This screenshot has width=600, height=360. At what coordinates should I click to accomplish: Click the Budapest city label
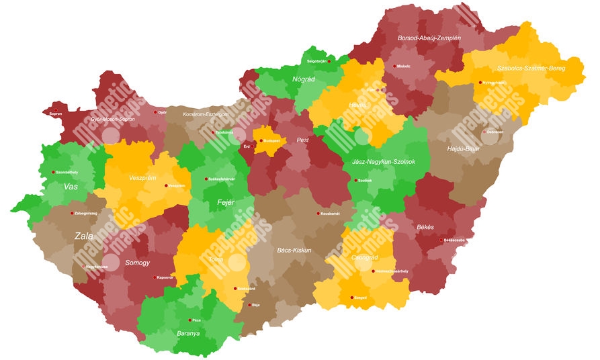pyautogui.click(x=272, y=141)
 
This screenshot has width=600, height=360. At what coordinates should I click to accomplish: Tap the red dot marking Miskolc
pyautogui.click(x=394, y=66)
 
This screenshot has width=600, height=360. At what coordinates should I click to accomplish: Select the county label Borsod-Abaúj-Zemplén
pyautogui.click(x=429, y=38)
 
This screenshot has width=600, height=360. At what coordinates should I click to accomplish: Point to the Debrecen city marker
pyautogui.click(x=484, y=132)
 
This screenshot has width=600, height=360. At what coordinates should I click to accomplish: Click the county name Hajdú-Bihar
pyautogui.click(x=463, y=148)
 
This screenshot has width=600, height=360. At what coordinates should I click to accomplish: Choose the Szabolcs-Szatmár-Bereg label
pyautogui.click(x=531, y=69)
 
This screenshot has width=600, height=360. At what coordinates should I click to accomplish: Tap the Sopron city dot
pyautogui.click(x=56, y=110)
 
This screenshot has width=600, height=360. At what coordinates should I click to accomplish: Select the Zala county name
pyautogui.click(x=84, y=236)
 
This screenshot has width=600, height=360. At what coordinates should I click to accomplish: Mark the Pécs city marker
pyautogui.click(x=190, y=320)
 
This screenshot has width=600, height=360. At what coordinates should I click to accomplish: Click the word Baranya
pyautogui.click(x=188, y=333)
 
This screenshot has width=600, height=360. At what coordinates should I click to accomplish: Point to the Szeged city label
pyautogui.click(x=360, y=298)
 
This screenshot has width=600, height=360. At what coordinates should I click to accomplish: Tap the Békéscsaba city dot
pyautogui.click(x=441, y=240)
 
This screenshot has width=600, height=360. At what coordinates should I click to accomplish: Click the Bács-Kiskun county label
pyautogui.click(x=294, y=250)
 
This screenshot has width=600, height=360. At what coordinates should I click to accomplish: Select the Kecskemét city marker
pyautogui.click(x=318, y=214)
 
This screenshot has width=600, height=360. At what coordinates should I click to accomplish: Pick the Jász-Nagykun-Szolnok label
pyautogui.click(x=384, y=162)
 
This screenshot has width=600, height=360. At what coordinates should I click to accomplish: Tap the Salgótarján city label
pyautogui.click(x=316, y=61)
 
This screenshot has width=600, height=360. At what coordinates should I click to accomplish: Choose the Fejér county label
pyautogui.click(x=226, y=202)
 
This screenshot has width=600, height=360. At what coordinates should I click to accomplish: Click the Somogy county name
pyautogui.click(x=138, y=263)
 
